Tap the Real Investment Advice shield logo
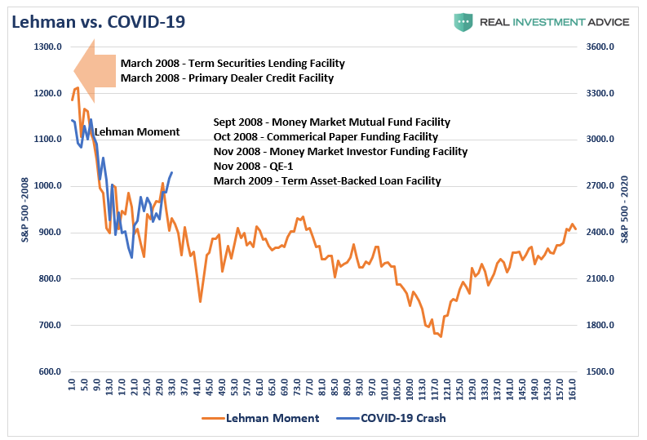coord(463,21)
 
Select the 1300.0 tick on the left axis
coord(49,47)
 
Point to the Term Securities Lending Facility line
coord(233,63)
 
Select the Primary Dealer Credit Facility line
coord(227,78)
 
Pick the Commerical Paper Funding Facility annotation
coord(326,136)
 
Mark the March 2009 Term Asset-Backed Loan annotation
coord(327,180)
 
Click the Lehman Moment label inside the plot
coord(137,131)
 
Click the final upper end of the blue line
coord(171,172)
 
